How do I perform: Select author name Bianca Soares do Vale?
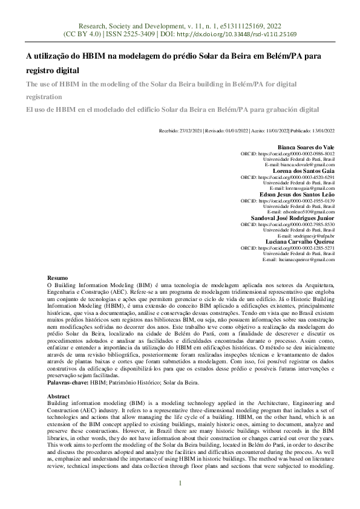coord(306,148)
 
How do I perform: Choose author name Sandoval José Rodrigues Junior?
coord(292,218)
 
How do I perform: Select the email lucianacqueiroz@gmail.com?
coord(306,259)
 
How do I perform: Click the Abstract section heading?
coord(59,396)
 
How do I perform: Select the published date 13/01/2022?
coord(321,130)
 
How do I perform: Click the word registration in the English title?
coord(44,97)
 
